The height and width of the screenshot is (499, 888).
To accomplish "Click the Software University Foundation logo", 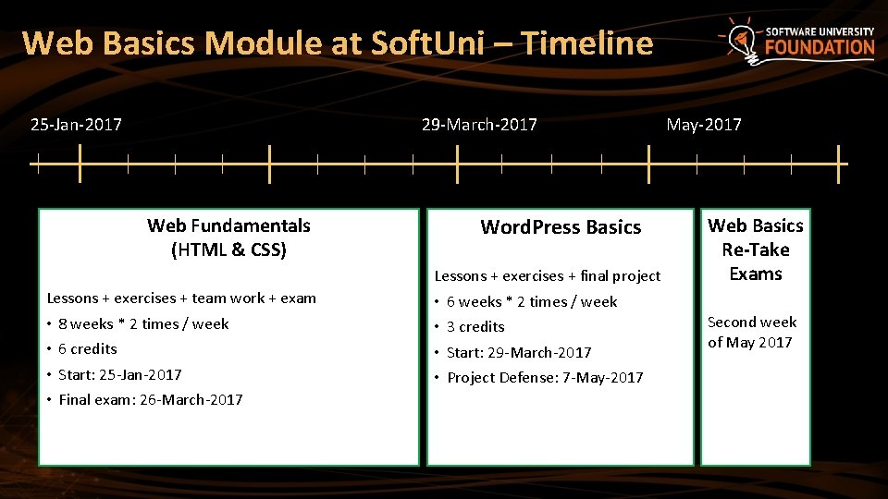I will (x=797, y=41).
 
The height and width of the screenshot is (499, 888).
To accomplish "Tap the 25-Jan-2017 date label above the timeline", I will (x=76, y=125).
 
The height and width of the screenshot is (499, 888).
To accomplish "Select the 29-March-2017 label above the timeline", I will (x=478, y=125).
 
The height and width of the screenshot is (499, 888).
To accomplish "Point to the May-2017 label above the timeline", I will (x=704, y=125).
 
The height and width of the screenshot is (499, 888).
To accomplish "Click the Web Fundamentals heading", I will (x=228, y=225).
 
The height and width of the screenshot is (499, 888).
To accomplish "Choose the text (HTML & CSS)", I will (x=228, y=249).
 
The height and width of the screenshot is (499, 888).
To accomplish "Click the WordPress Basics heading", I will (x=561, y=227).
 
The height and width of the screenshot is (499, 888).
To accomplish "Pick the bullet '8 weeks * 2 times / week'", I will (x=143, y=323).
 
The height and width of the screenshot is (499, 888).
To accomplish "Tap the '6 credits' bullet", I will (x=88, y=349).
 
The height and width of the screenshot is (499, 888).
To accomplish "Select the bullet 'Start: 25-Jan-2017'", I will (x=119, y=374).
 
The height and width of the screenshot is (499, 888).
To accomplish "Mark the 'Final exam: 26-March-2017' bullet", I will (x=150, y=400).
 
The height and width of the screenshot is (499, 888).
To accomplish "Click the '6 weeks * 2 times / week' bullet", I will (x=532, y=301).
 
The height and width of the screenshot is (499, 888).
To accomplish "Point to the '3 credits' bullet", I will (x=475, y=327).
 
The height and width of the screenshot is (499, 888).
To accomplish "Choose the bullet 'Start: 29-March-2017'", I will (x=519, y=352).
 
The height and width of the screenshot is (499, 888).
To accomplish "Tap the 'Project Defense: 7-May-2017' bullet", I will (x=545, y=377).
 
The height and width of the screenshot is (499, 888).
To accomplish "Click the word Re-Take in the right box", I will (x=756, y=249).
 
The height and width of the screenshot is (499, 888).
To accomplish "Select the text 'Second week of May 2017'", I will (x=751, y=332).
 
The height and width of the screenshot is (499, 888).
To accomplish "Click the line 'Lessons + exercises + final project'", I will (x=548, y=275).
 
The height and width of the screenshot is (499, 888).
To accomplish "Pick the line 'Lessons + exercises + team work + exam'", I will (x=181, y=298).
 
